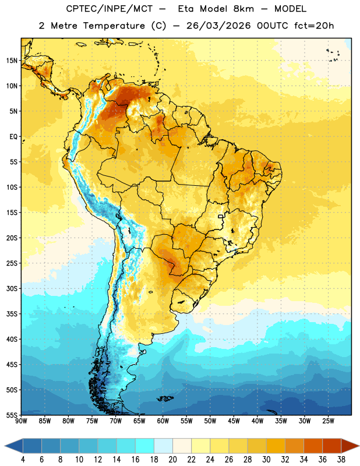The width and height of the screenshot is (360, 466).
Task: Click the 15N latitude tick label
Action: (12, 61)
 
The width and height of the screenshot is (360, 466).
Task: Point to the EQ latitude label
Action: (13, 137)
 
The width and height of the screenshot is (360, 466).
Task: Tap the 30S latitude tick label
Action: (12, 289)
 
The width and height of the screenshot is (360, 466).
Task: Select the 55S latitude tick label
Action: (12, 415)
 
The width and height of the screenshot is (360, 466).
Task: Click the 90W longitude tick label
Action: (21, 421)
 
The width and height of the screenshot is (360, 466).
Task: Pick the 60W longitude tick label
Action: (163, 421)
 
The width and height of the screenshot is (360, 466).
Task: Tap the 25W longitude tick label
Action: (328, 421)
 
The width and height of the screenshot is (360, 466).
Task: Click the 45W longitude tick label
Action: (234, 421)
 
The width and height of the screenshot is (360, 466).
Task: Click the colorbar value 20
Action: (172, 460)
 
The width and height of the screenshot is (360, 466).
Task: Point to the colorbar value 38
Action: (341, 460)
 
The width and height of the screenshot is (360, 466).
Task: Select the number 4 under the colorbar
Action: (23, 460)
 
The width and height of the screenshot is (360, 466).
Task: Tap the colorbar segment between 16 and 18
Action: (144, 446)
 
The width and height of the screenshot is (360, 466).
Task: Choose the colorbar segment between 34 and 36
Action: (313, 446)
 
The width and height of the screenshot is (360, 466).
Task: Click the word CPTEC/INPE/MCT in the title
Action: (110, 9)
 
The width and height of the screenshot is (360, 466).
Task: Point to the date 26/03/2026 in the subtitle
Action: (218, 26)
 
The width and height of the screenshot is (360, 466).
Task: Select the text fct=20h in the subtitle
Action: (314, 26)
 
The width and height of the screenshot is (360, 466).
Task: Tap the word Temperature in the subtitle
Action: (114, 26)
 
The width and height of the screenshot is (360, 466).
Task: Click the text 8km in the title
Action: (243, 9)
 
